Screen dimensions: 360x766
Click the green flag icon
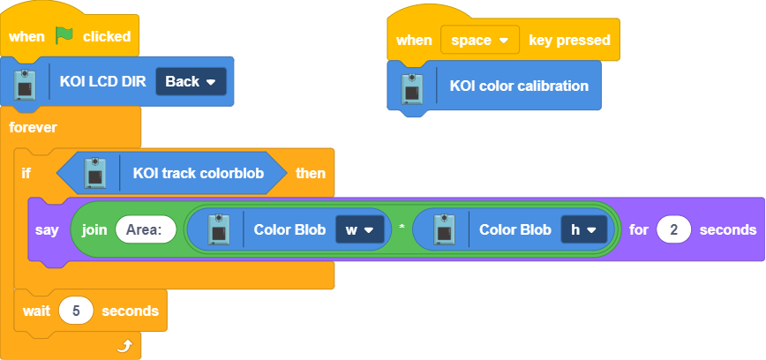click(64, 36)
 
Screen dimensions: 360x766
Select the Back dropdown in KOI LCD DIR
click(191, 81)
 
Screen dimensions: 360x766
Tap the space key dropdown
click(480, 40)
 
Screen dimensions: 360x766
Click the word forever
click(33, 127)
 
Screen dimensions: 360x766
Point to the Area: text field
click(146, 229)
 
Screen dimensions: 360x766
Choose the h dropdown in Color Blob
click(584, 229)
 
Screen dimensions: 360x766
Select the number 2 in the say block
click(674, 229)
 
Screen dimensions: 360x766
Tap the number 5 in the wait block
click(76, 311)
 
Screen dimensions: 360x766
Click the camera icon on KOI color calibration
click(411, 86)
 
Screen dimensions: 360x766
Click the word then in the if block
click(310, 173)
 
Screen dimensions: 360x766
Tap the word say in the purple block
click(47, 229)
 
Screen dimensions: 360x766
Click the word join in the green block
click(94, 229)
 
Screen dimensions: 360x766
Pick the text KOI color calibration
click(519, 86)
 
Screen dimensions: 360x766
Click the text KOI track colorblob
click(199, 173)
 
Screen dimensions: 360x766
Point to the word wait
click(36, 311)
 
